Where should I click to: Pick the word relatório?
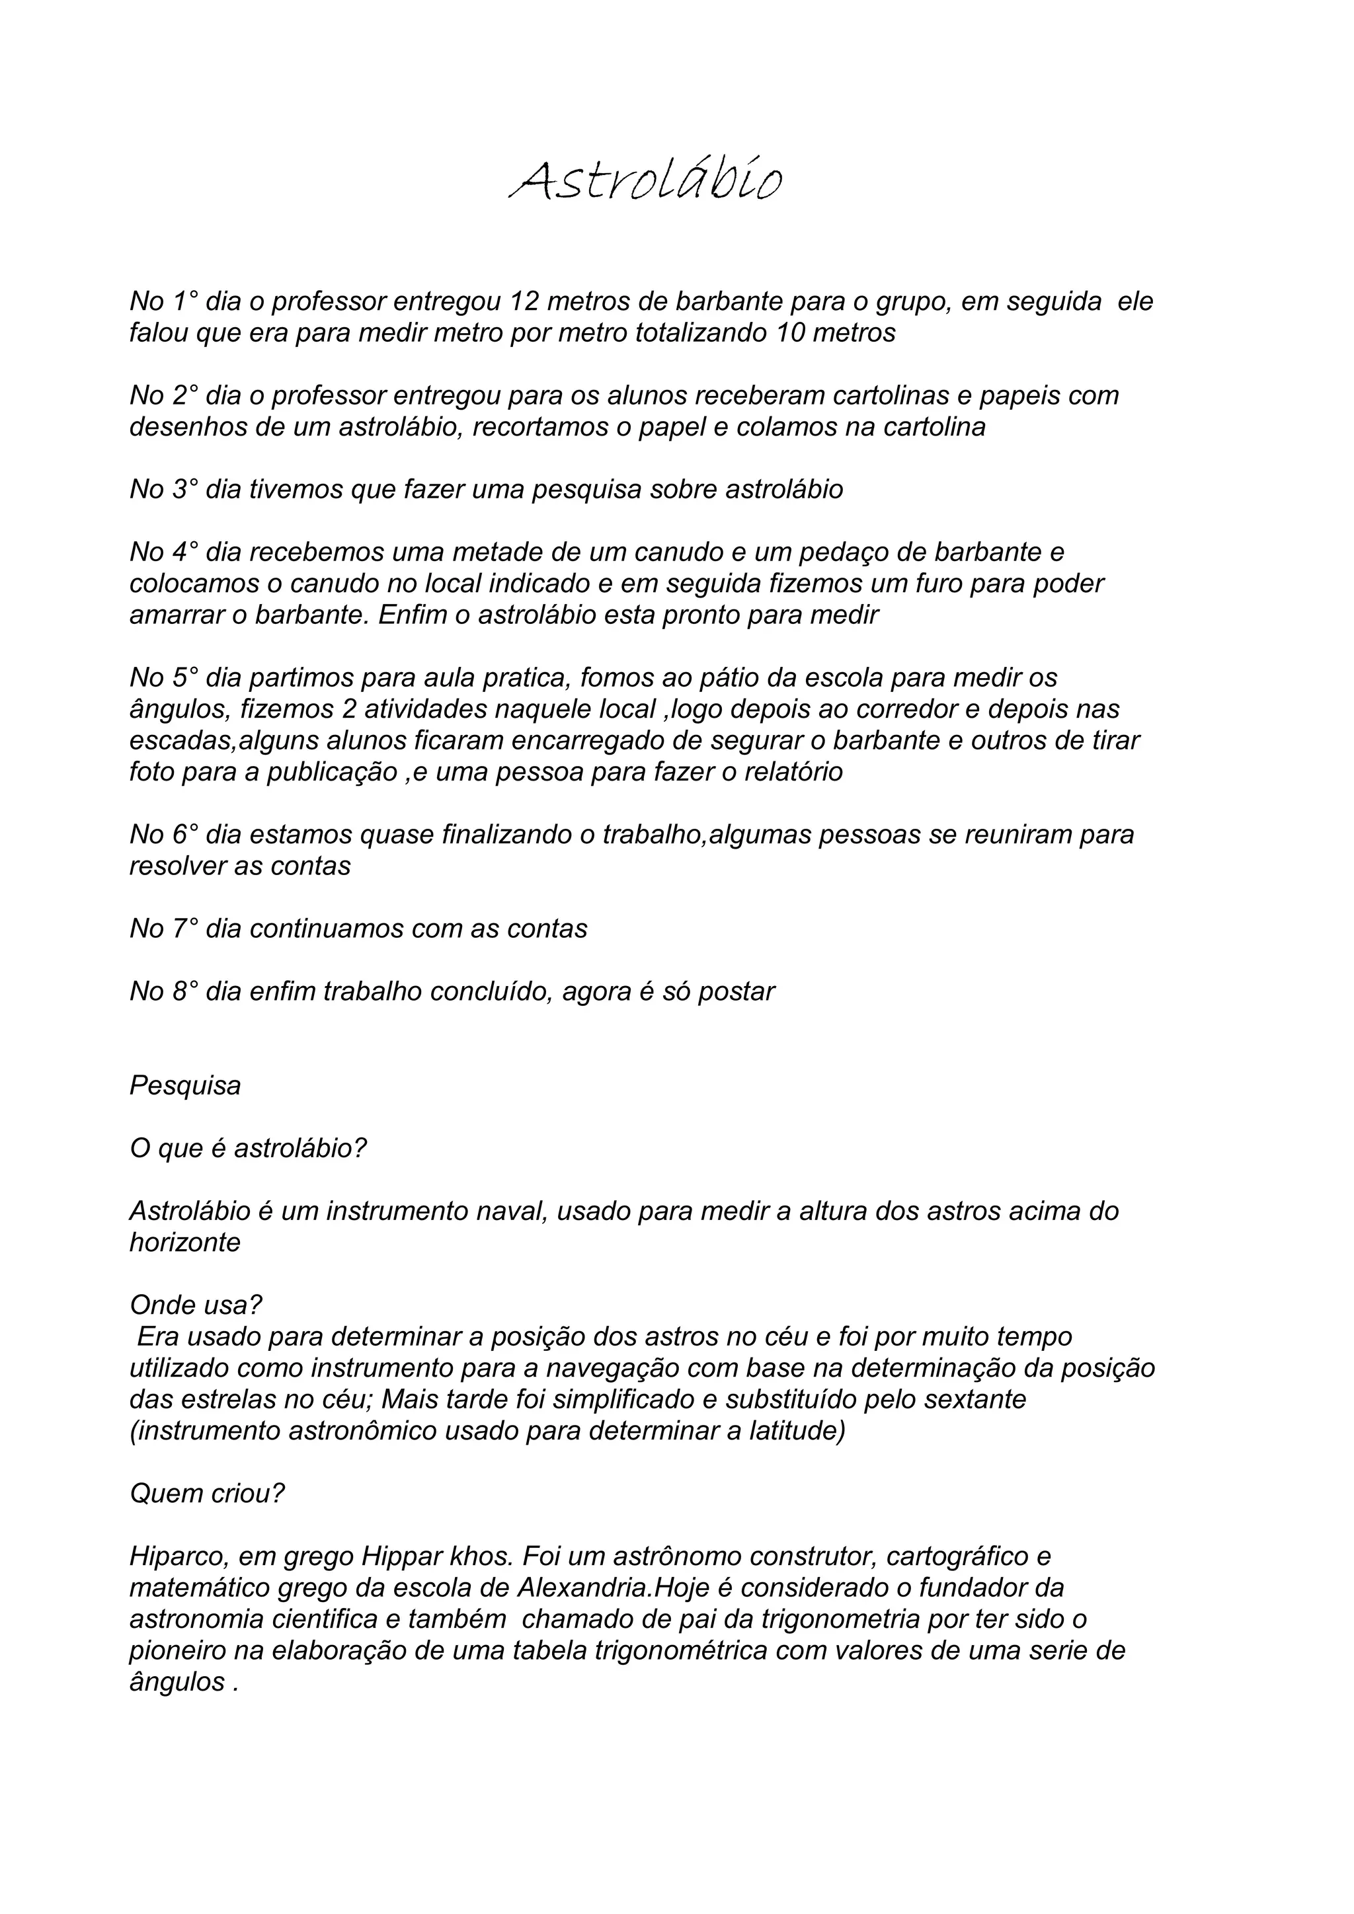coord(792,773)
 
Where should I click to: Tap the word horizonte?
coord(185,1243)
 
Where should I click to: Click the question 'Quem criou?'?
coord(207,1494)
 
